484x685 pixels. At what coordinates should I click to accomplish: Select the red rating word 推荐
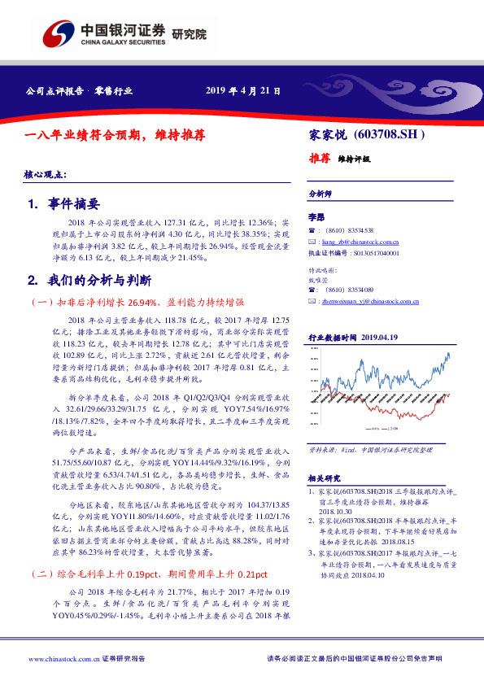coord(319,159)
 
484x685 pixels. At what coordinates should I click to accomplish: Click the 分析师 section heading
coord(320,195)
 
